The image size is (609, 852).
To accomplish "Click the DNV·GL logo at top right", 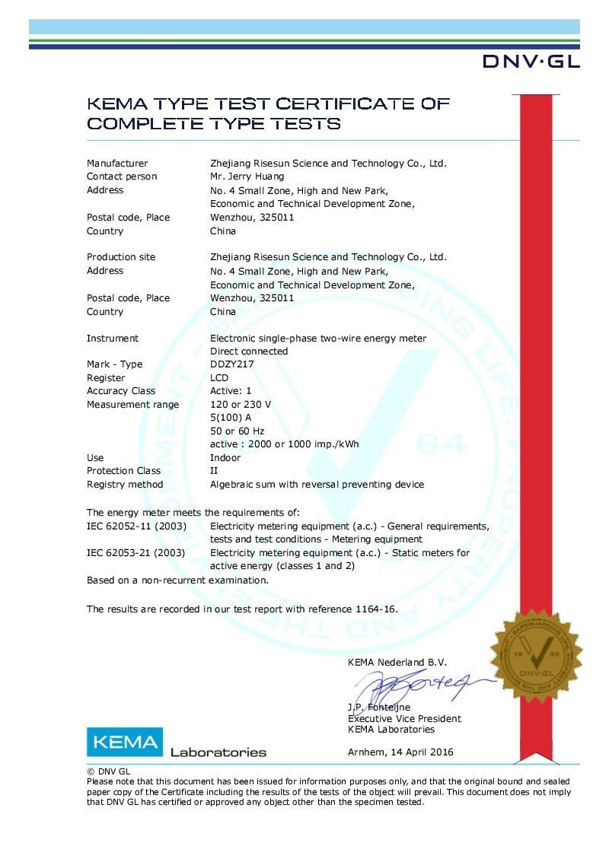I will (531, 62).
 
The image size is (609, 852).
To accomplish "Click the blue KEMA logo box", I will (124, 742).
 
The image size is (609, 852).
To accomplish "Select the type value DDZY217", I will (231, 364).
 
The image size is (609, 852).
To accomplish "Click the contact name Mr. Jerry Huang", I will (248, 176).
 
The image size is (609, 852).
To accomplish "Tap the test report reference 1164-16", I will (375, 609).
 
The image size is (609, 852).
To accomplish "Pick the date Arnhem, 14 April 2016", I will (400, 752).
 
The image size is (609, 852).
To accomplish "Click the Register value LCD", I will (220, 378).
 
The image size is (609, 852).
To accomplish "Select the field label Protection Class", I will (123, 471).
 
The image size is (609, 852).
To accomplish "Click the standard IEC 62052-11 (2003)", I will (136, 526).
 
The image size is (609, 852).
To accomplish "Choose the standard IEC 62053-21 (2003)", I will (136, 553).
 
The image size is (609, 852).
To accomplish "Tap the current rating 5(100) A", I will (230, 418).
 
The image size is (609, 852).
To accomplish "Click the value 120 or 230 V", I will (241, 405).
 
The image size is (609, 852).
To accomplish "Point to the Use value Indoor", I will (225, 458).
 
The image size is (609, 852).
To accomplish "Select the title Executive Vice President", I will (404, 719).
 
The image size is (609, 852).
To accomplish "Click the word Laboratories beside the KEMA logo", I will (218, 753).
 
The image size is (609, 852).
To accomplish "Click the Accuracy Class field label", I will (121, 391).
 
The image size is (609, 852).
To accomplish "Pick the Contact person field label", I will (122, 176).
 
